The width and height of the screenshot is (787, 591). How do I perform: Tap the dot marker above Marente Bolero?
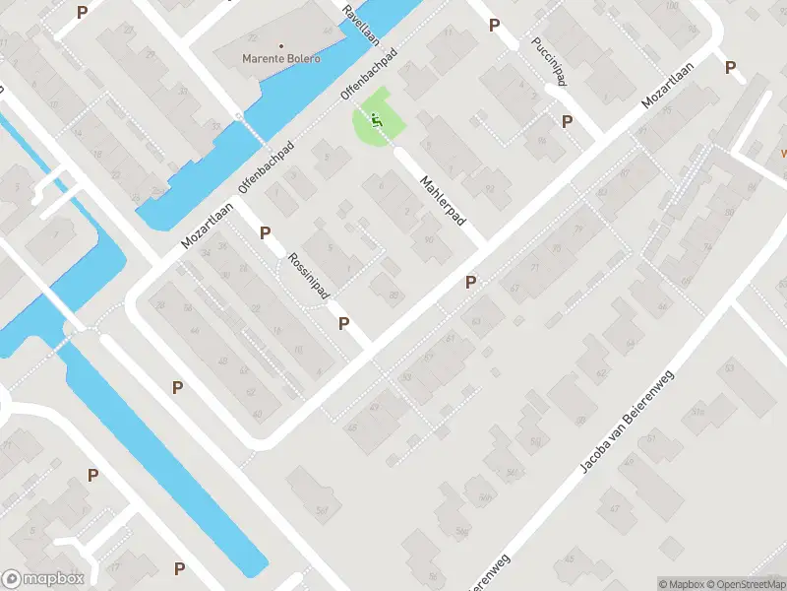(x=281, y=45)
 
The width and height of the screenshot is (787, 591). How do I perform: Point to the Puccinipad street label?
(x=549, y=62)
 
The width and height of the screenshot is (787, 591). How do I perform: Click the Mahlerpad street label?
(x=442, y=202)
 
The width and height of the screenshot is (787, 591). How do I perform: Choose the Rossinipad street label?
(x=308, y=276)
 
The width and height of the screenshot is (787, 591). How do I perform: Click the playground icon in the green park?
(x=375, y=121)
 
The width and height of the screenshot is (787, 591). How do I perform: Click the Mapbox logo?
(x=43, y=579)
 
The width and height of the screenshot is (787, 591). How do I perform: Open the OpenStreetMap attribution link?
(x=742, y=583)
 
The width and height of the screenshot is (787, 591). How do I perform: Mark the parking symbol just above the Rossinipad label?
(x=265, y=232)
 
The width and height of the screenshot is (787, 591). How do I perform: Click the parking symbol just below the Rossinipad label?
(x=344, y=323)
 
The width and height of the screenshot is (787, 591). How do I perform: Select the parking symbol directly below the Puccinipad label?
(x=567, y=121)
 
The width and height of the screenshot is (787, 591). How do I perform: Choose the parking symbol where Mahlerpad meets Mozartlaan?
(x=470, y=283)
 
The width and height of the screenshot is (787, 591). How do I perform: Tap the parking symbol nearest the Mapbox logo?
(x=179, y=568)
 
